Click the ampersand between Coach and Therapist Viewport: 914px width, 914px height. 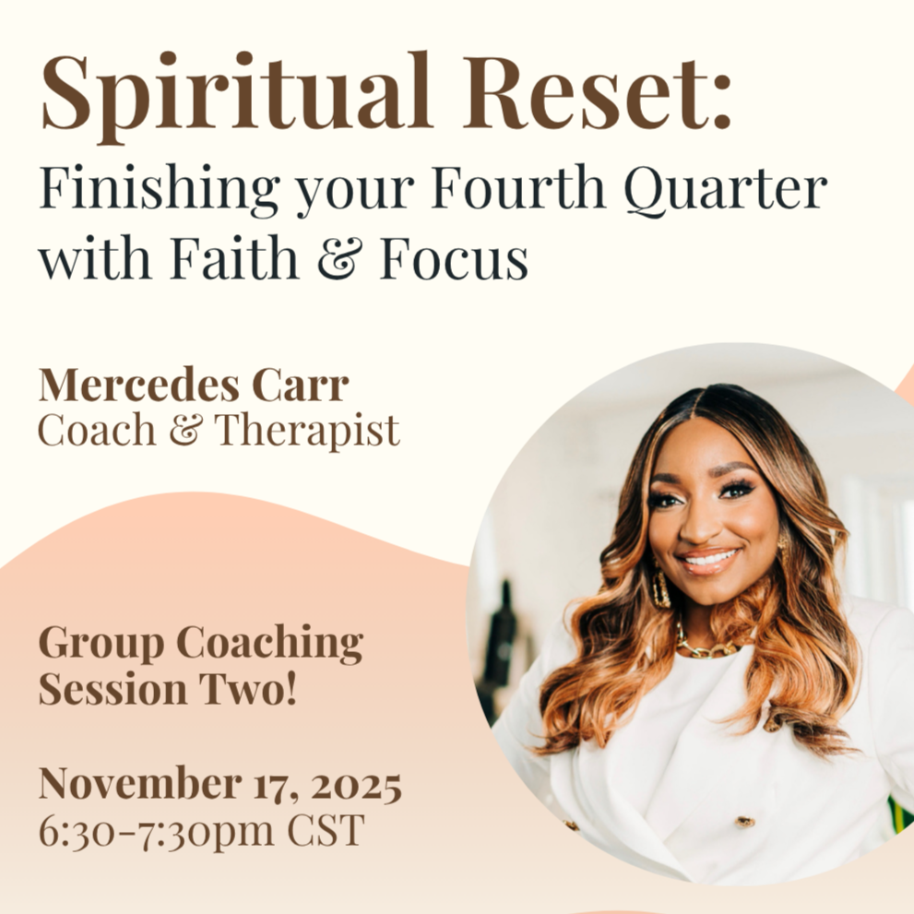(x=189, y=431)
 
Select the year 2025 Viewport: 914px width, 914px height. (x=356, y=786)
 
